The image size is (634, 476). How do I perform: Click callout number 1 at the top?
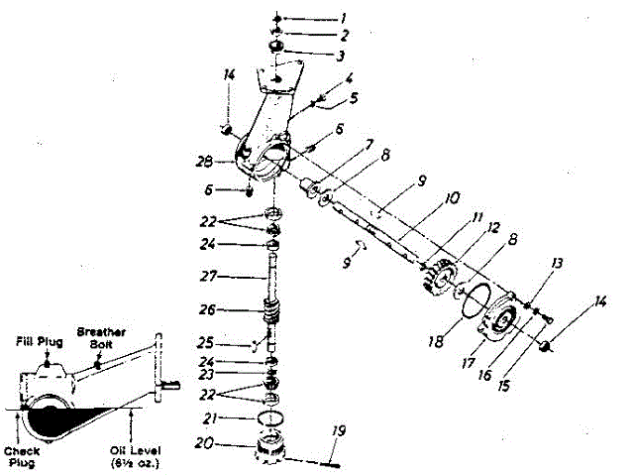(344, 18)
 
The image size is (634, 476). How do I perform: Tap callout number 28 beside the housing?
(206, 161)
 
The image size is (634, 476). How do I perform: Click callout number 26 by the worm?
(209, 308)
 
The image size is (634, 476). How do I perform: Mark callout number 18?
(437, 341)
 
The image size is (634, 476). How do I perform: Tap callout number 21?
(209, 418)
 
